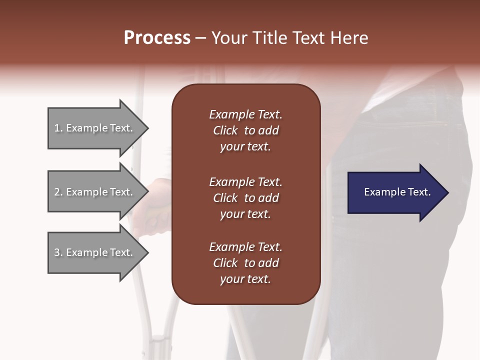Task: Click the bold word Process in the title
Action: point(157,38)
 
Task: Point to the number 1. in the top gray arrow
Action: point(58,128)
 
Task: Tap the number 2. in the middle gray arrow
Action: point(58,192)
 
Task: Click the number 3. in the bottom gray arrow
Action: point(58,252)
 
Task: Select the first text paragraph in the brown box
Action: point(245,130)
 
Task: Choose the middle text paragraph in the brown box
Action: point(245,197)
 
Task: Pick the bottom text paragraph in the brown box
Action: point(245,263)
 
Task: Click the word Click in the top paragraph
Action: point(225,130)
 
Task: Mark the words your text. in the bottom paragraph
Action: point(245,279)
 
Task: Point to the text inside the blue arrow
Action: point(397,192)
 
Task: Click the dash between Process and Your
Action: point(201,38)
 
